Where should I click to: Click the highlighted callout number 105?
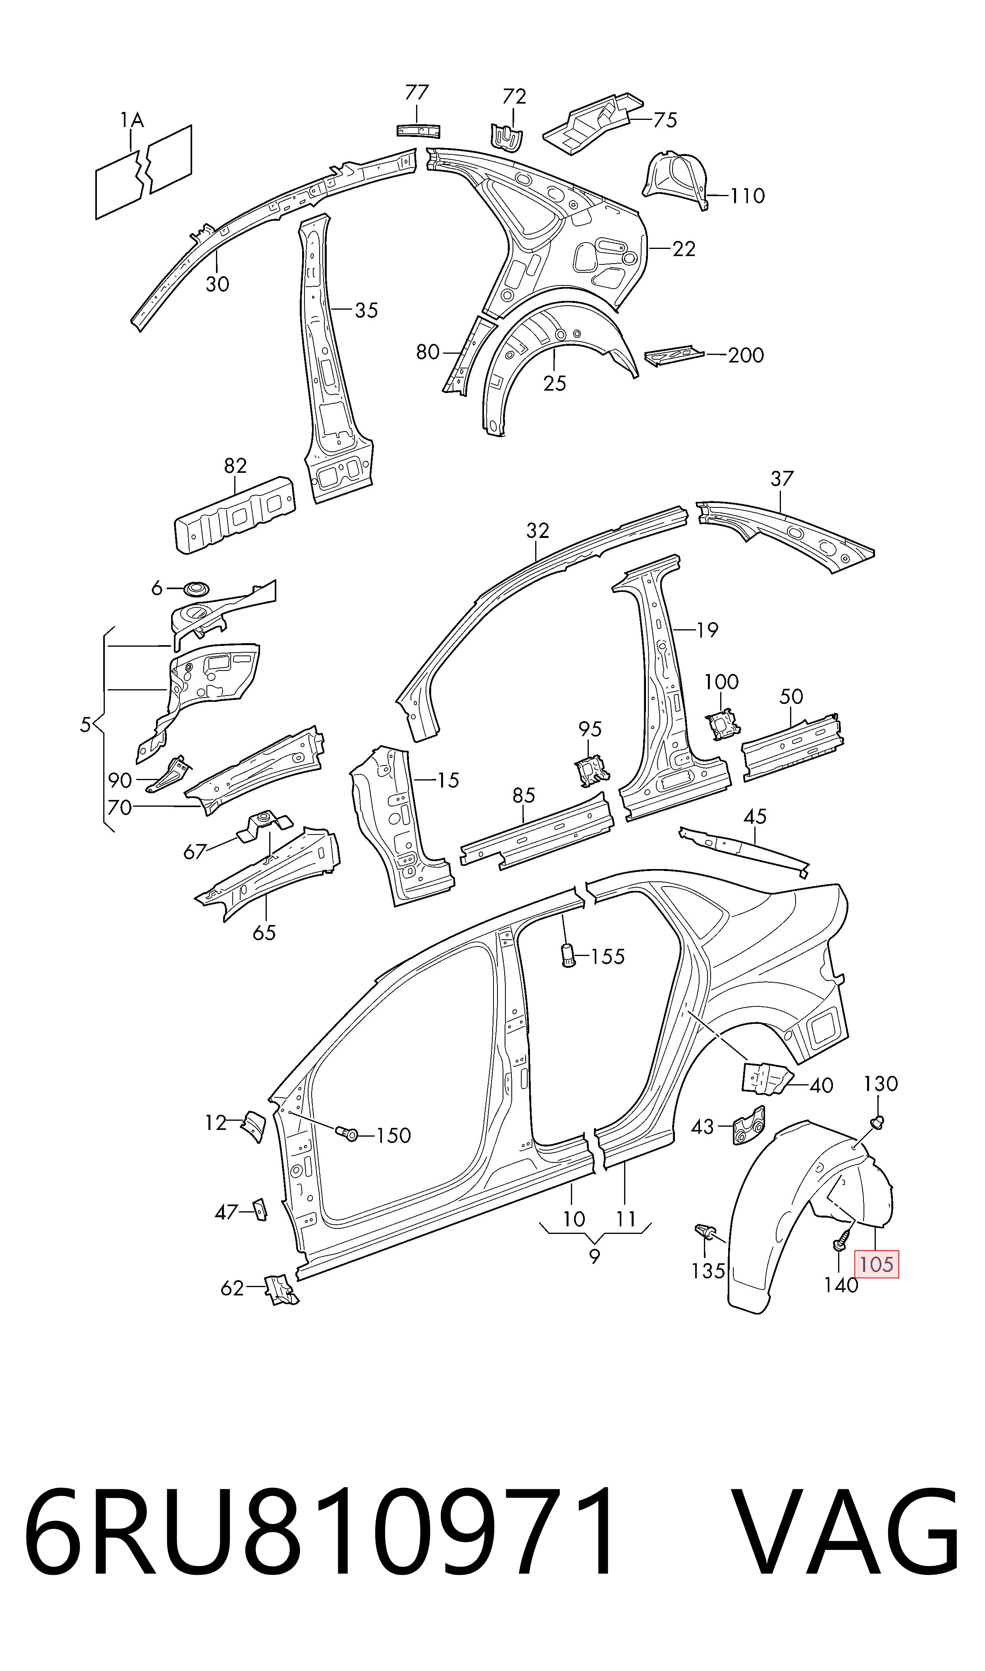[876, 1264]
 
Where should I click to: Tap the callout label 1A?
[132, 120]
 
